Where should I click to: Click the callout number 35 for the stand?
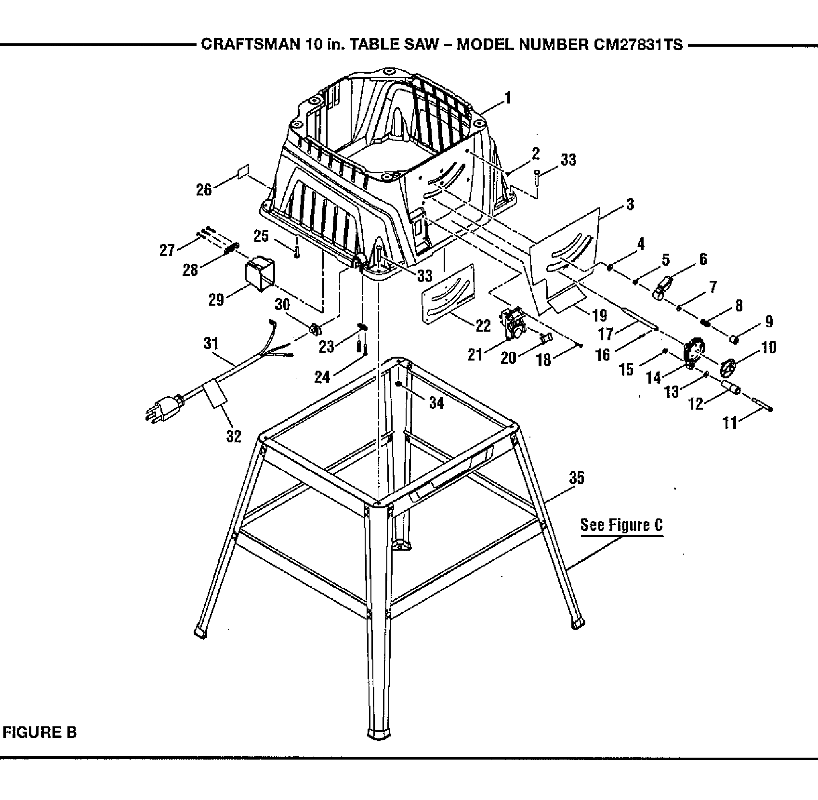click(576, 478)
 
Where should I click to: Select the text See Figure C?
click(621, 525)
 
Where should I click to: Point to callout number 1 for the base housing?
click(507, 99)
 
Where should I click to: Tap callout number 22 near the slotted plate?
click(483, 325)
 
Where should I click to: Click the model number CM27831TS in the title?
click(635, 45)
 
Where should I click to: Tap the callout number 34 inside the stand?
click(436, 402)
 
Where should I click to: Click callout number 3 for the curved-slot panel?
click(630, 204)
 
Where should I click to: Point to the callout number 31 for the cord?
click(211, 344)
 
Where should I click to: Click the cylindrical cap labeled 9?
click(735, 339)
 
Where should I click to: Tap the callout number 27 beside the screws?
click(167, 250)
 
